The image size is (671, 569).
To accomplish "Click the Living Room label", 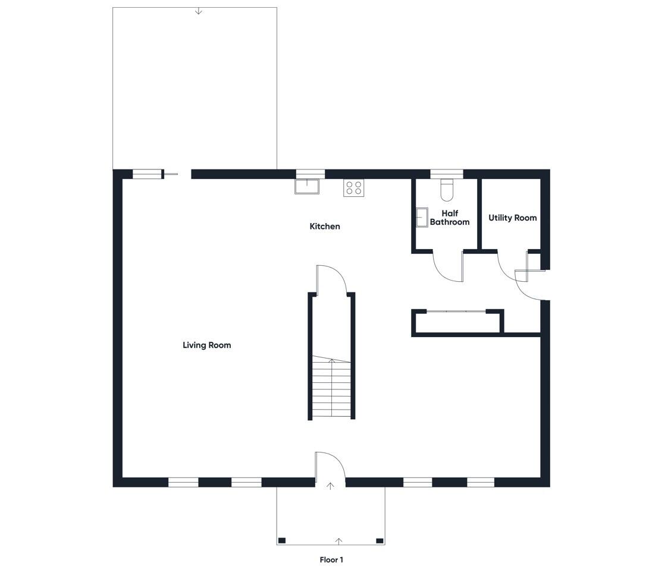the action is click(x=206, y=345).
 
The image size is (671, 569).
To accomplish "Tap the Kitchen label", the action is click(x=325, y=227).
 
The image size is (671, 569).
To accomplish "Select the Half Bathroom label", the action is click(x=450, y=218).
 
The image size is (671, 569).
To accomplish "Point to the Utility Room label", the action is click(x=513, y=218).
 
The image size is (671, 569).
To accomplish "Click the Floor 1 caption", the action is click(x=331, y=559).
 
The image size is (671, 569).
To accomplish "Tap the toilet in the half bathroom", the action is click(x=446, y=190).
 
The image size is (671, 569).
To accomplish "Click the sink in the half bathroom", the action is click(x=422, y=218).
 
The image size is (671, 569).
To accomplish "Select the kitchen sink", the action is click(x=307, y=187).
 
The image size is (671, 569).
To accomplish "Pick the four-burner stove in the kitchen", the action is click(x=354, y=188).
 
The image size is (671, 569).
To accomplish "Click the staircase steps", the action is click(x=332, y=387).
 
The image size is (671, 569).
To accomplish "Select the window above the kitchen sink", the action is click(x=311, y=174).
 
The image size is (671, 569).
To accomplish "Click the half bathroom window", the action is click(x=446, y=174).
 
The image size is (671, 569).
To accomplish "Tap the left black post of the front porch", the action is click(x=281, y=541).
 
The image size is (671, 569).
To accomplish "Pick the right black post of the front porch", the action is click(x=380, y=541).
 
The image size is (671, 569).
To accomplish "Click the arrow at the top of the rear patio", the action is click(x=198, y=11).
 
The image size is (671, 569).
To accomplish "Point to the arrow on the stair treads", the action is click(x=331, y=362).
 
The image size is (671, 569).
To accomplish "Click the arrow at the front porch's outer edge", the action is click(x=339, y=541).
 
